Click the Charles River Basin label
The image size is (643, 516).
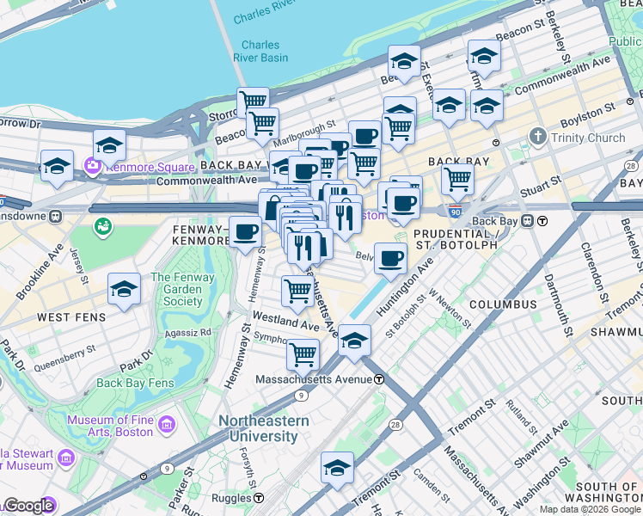pyautogui.click(x=260, y=52)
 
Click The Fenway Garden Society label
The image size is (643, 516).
pyautogui.click(x=177, y=289)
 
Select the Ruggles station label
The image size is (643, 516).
pyautogui.click(x=240, y=498)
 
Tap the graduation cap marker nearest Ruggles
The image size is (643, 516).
pyautogui.click(x=337, y=468)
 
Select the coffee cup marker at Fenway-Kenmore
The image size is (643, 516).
pyautogui.click(x=245, y=231)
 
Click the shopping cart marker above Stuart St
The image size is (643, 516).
pyautogui.click(x=458, y=179)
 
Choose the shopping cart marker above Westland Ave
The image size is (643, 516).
pyautogui.click(x=297, y=290)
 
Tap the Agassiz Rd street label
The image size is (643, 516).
pyautogui.click(x=189, y=332)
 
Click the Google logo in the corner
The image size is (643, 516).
pyautogui.click(x=28, y=506)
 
